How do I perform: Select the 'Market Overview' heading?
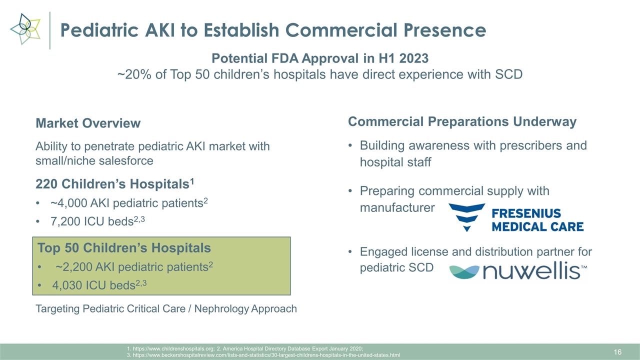pos(88,123)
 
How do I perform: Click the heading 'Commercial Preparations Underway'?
pos(462,121)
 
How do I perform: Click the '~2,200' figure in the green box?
pos(73,267)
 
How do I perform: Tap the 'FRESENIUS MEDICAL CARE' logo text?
pos(537,219)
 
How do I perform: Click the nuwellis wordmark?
pos(532,271)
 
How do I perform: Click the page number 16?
pos(617,352)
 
